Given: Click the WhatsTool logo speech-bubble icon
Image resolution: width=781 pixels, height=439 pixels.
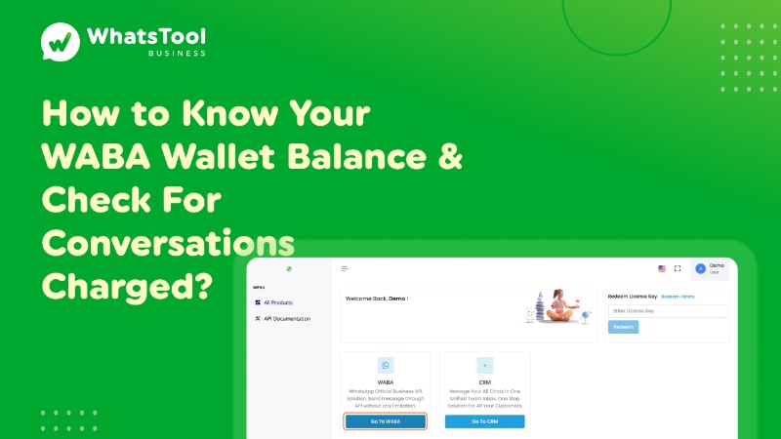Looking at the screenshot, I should (61, 42).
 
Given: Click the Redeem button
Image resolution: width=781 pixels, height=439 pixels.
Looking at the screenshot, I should (623, 327).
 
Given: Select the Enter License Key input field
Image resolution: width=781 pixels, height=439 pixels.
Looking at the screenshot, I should (668, 311).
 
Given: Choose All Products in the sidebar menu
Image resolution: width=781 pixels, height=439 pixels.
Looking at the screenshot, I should (277, 302).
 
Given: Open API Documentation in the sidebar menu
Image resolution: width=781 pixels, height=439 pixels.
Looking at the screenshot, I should (286, 319).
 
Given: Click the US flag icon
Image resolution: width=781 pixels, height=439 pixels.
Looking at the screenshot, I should (662, 268).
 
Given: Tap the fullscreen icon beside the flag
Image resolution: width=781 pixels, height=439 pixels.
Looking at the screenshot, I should (678, 268).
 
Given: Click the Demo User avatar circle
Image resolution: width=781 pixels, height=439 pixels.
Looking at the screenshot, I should (700, 268).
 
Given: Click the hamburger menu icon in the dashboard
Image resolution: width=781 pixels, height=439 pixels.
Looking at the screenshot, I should (345, 268).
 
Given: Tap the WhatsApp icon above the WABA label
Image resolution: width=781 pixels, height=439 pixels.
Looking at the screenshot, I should (385, 365).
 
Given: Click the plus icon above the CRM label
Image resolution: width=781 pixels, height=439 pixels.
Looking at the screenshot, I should (484, 365).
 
